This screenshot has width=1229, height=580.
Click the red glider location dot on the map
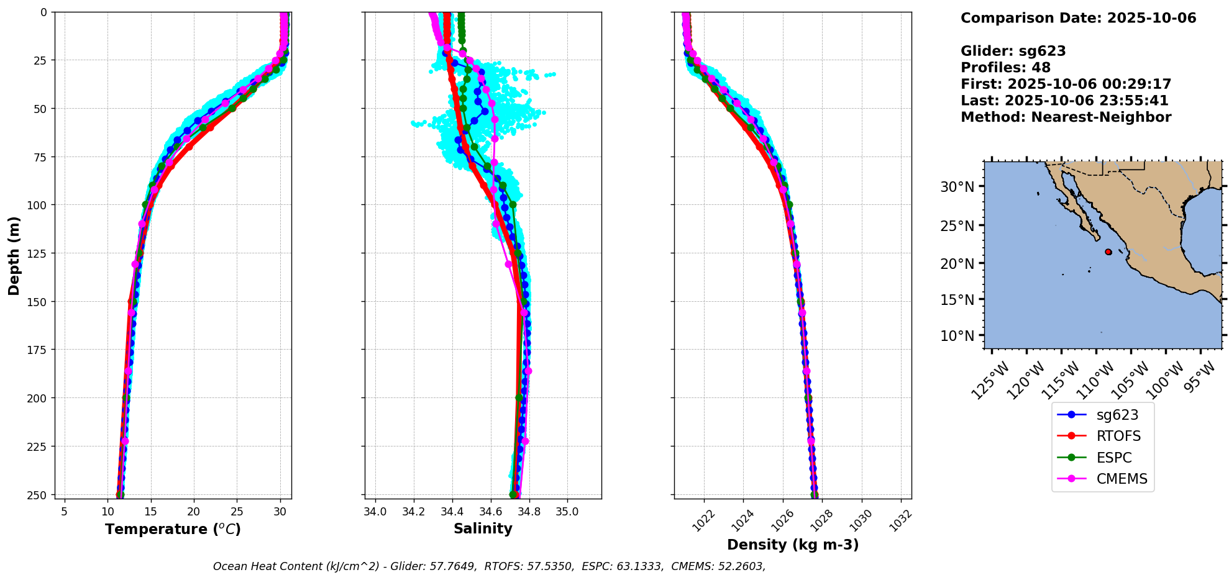(1108, 252)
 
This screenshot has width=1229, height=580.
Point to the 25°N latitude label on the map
(957, 225)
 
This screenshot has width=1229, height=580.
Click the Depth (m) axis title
(14, 256)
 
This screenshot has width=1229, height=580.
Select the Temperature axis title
(173, 529)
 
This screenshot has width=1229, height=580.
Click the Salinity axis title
(483, 528)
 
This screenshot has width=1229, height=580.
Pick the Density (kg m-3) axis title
(793, 545)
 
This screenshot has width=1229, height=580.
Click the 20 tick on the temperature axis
(194, 512)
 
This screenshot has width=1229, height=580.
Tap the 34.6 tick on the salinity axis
(490, 512)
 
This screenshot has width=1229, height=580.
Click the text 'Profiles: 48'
(1005, 68)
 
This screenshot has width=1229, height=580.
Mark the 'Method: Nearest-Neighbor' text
(1066, 117)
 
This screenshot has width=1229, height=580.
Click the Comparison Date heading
(1078, 18)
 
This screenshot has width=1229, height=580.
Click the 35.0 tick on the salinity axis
(567, 512)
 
